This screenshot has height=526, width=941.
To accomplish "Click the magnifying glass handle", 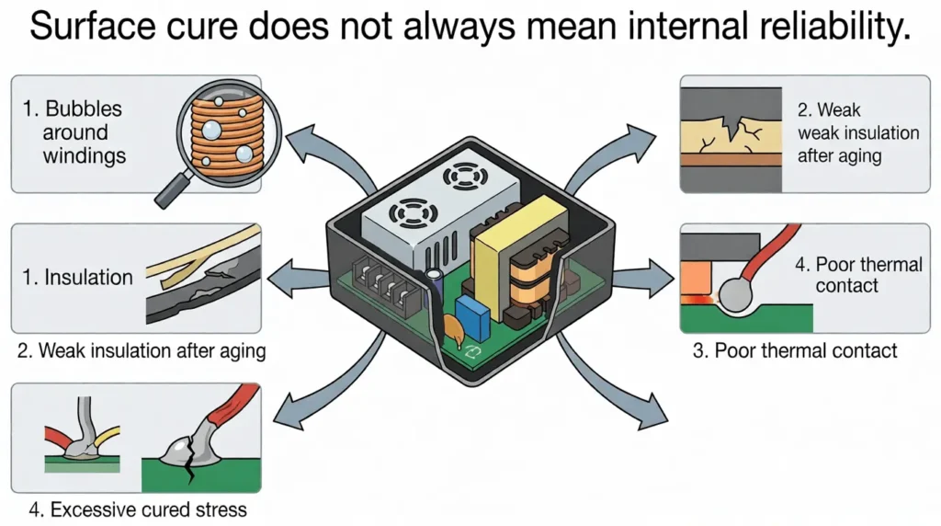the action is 172,189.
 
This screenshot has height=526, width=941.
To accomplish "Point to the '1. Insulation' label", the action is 77,278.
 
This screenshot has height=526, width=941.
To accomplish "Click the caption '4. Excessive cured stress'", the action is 138,509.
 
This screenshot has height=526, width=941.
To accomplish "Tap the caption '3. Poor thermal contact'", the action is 795,350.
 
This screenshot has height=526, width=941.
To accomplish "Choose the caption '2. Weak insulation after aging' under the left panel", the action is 142,350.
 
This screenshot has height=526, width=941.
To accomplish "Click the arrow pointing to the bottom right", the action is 609,384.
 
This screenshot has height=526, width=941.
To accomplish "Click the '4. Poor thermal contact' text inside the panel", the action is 858,274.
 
